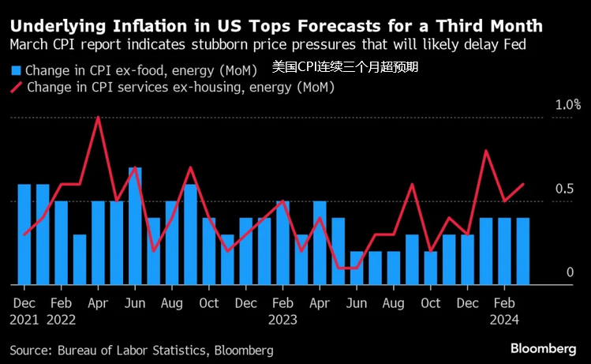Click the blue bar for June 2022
135,225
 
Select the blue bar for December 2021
24,234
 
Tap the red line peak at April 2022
98,118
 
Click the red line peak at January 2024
486,151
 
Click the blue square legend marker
15,69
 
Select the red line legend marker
16,88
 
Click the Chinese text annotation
344,67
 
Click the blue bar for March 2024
522,250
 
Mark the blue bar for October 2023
430,267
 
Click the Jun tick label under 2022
135,304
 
